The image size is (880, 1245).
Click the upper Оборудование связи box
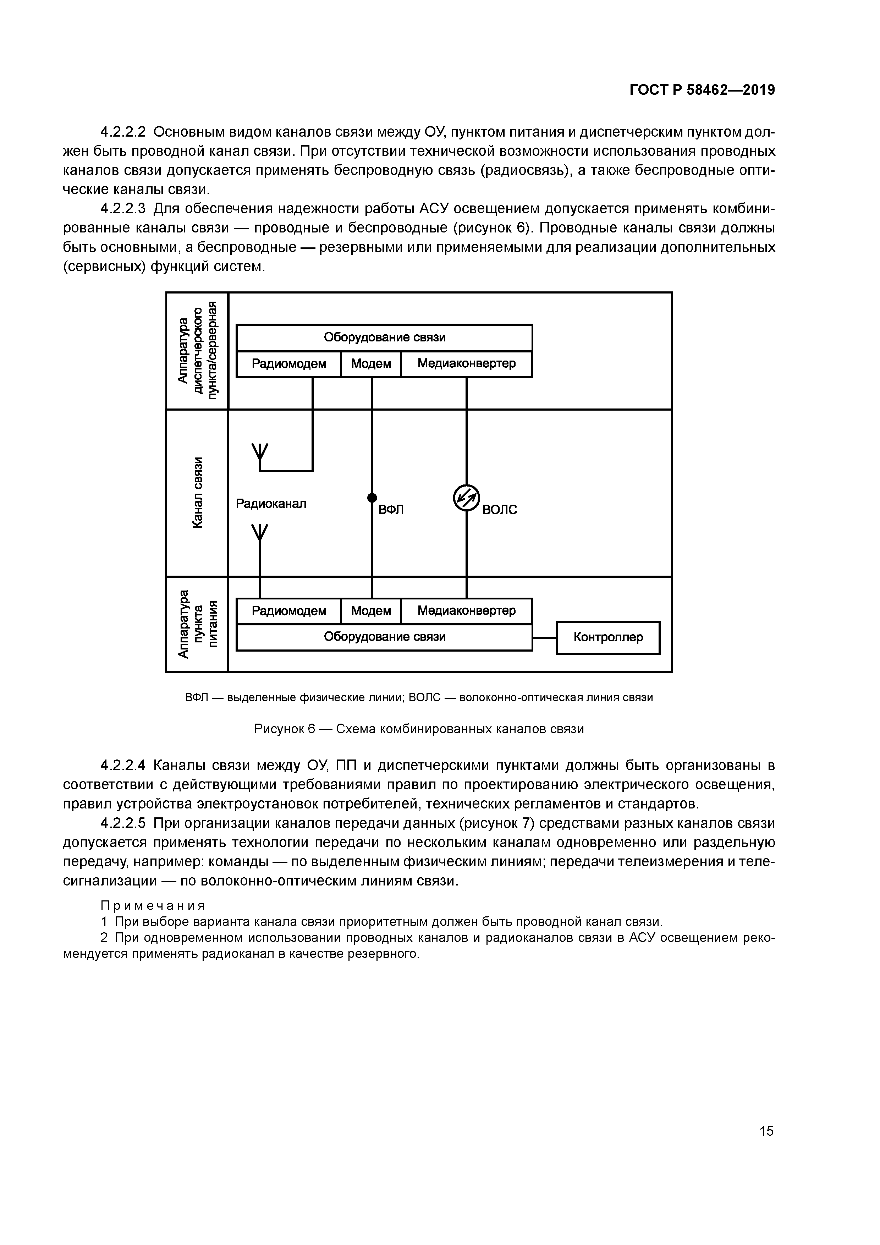[384, 337]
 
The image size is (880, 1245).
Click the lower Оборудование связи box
[384, 637]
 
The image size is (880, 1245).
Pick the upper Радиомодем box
[288, 364]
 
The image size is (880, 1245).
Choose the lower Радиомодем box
[288, 611]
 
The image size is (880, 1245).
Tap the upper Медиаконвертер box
[466, 364]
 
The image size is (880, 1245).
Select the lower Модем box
[371, 611]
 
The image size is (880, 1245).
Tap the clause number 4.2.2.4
[123, 766]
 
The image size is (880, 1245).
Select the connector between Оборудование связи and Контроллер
[544, 638]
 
